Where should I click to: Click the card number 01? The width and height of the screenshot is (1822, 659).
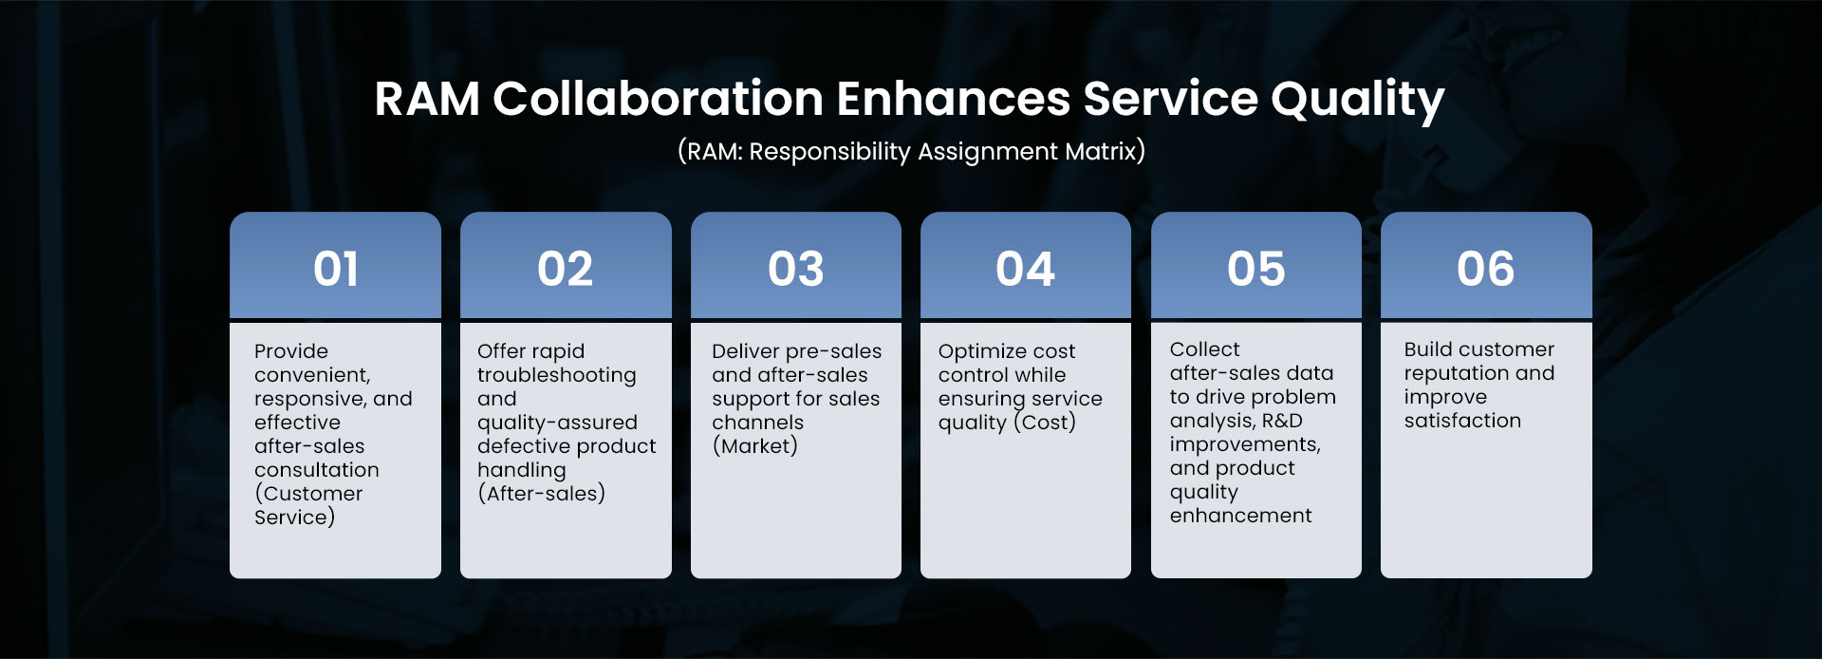coord(336,269)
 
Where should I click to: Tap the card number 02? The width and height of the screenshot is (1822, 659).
coord(566,269)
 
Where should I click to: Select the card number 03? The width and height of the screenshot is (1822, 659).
coord(796,269)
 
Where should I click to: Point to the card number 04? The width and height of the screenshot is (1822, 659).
coord(1026,269)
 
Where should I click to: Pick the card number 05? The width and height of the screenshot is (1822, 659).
coord(1256,269)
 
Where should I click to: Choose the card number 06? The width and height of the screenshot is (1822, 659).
coord(1486,269)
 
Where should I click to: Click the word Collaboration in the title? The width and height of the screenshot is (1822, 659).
coord(658,99)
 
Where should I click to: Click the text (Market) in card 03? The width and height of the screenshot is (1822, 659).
coord(755,446)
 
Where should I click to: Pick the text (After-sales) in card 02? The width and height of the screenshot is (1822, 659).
coord(542,494)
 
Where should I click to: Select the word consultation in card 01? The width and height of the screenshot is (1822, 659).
coord(317,470)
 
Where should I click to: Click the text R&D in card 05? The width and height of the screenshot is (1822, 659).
coord(1282,421)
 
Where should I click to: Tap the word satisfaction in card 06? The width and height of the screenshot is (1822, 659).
coord(1462,421)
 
